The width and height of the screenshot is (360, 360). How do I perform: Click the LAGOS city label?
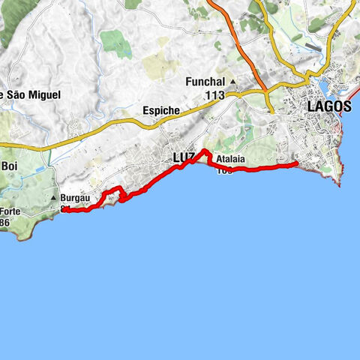pos(328,107)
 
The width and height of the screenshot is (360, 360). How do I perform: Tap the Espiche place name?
pos(160,110)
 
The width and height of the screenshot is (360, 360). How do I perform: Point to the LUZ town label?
pos(183,158)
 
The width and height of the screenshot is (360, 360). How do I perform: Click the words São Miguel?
pos(34,94)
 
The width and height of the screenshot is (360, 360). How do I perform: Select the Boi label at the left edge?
pos(10,166)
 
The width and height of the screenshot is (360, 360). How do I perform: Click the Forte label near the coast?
pos(10,211)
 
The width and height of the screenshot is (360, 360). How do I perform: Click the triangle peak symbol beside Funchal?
pos(232,82)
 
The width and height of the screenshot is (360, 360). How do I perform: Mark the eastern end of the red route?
pos(297,163)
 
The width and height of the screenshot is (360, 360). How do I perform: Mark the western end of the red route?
pos(62,211)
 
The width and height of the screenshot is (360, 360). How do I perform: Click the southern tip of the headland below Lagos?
pos(340,184)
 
